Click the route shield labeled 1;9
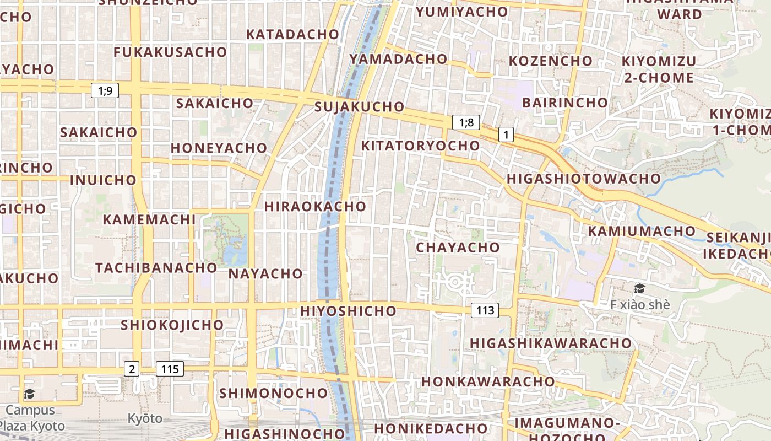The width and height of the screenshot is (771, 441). point(105,90)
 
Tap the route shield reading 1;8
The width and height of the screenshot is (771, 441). point(466,122)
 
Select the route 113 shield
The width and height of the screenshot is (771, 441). point(485,310)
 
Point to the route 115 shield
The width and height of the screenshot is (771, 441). point(170,369)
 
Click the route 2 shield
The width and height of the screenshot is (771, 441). point(131,369)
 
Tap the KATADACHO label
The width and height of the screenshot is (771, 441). point(292,34)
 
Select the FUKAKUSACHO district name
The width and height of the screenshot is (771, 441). point(170,52)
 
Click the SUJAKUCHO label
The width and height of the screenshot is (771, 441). point(359,107)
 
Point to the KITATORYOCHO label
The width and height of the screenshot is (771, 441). point(420,146)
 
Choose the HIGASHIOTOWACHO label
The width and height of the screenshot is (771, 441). point(583,179)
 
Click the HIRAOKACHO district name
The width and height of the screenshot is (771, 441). point(315,207)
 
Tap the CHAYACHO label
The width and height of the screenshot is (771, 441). point(458,248)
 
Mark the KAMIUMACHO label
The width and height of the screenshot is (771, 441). point(642,231)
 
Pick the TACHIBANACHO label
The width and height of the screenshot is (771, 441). point(156,268)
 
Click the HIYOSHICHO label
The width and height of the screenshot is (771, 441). point(348,311)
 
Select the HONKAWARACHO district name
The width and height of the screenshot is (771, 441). point(488,381)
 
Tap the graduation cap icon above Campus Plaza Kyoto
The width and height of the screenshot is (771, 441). point(29,394)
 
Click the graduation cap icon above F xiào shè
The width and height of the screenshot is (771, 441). point(639,288)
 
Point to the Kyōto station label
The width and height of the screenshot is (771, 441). point(145,418)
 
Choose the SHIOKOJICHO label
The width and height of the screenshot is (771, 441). point(172,325)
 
